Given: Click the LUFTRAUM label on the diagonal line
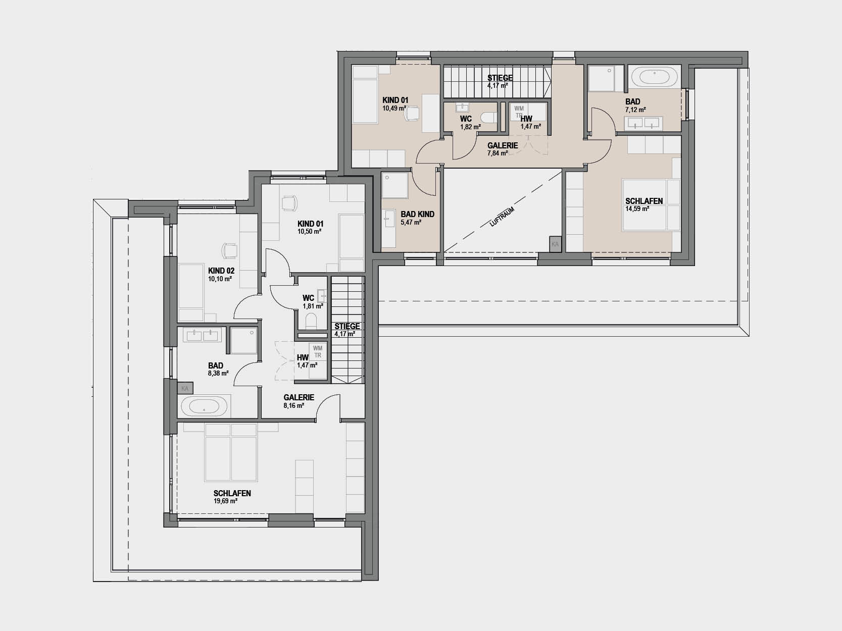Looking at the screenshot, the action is (502, 217).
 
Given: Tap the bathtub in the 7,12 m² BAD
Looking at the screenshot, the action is (655, 76).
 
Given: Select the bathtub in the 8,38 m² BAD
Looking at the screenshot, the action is (205, 406).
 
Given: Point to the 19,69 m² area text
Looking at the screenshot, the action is (226, 501).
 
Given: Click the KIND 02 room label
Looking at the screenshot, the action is (221, 271).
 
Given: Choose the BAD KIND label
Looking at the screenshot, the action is (417, 215).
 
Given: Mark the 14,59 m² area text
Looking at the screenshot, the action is (637, 209).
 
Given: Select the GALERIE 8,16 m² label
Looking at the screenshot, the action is (299, 401).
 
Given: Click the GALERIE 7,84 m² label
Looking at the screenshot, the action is (503, 149).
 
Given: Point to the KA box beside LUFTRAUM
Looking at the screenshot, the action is (555, 244).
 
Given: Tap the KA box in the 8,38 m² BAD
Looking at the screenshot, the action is (185, 388).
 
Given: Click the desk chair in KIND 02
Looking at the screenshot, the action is (229, 251).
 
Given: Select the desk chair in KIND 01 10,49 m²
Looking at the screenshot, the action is (412, 114).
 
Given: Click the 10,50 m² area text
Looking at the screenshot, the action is (309, 231).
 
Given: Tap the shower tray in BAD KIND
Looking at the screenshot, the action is (394, 186).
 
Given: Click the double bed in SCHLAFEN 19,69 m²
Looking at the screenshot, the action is (231, 452).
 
